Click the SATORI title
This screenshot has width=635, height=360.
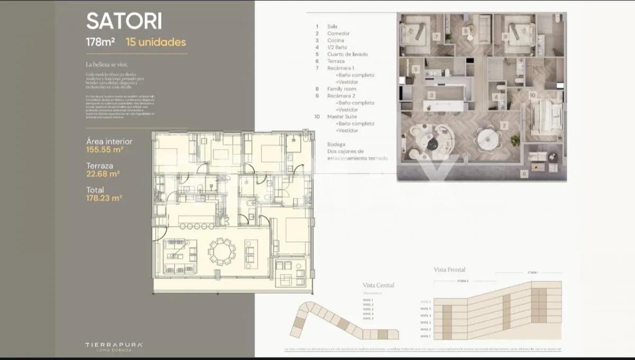pos(124,22)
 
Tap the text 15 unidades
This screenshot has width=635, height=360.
pos(156,42)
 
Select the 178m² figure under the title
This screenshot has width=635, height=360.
pos(101,42)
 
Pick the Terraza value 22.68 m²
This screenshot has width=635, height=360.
pos(103,173)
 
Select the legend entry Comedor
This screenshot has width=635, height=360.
pos(338,33)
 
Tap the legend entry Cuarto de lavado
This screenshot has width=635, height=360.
pos(347,54)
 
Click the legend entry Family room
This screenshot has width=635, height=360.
pos(342,89)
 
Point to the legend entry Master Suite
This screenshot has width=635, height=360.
pos(342,116)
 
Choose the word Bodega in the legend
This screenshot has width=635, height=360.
pos(336,145)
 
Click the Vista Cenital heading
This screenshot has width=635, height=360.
pos(378,285)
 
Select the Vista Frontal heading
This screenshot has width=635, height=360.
pos(450,269)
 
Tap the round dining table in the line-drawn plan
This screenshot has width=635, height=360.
pos(222,251)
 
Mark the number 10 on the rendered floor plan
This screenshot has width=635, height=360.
pos(532,95)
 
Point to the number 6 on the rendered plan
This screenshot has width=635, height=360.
pos(523,173)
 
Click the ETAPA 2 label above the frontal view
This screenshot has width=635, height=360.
pos(462,281)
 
